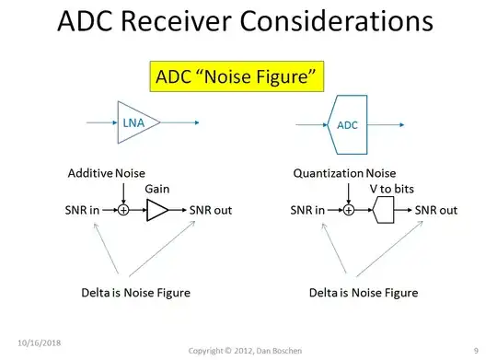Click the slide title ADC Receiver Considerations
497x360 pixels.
coord(248,24)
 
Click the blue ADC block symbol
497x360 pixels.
coord(349,121)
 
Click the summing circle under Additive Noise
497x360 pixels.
coord(122,211)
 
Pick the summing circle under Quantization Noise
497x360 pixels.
coord(349,211)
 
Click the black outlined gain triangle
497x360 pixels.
coord(157,211)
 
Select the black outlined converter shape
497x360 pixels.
coord(384,211)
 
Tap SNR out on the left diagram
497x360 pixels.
coord(211,211)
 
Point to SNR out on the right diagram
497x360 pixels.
coord(436,211)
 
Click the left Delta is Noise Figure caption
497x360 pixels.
coord(136,293)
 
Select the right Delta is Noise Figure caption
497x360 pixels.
coord(364,293)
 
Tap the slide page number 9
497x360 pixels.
coord(476,350)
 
